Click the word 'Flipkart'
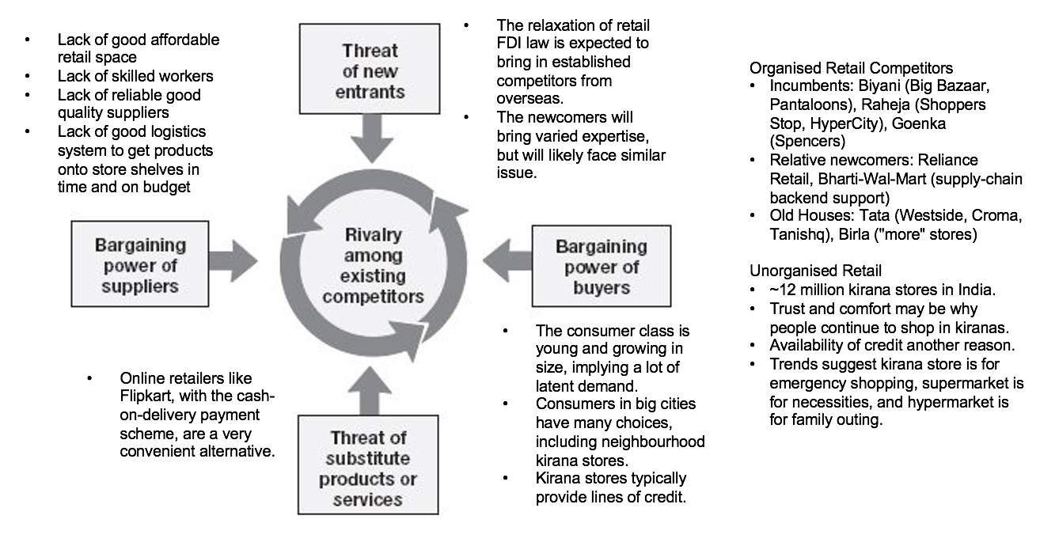(146, 395)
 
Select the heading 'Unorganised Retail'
(804, 271)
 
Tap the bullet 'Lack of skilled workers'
(135, 76)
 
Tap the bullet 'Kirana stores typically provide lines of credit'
(611, 487)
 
